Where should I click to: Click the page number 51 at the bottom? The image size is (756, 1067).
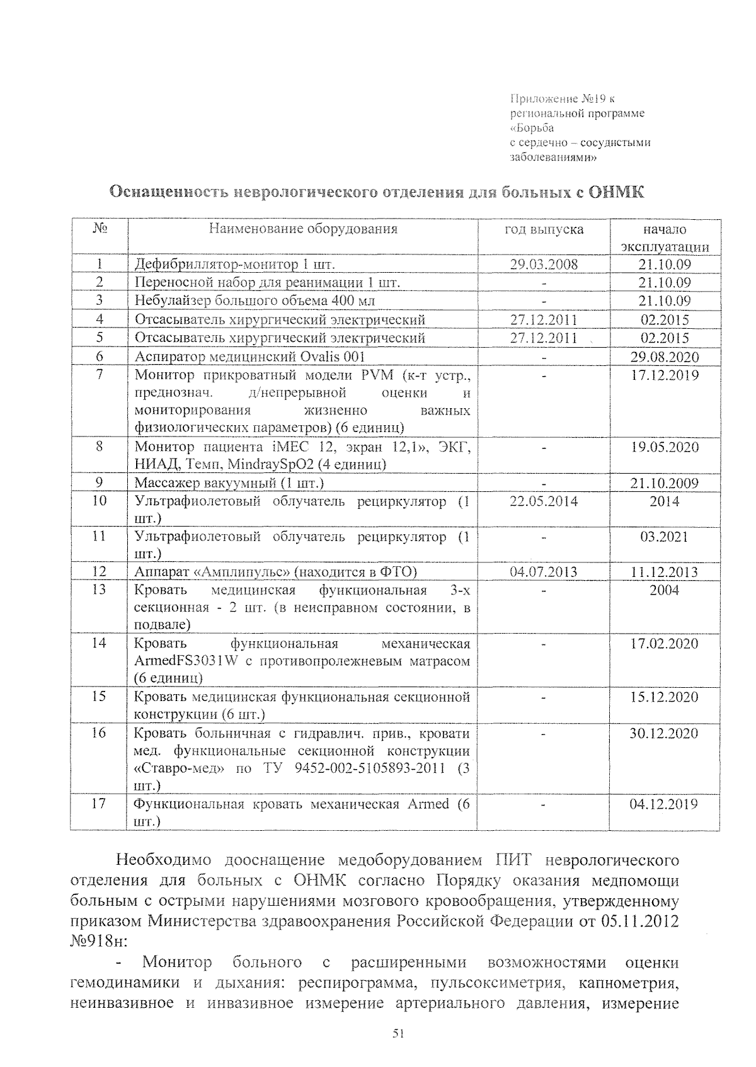[397, 1034]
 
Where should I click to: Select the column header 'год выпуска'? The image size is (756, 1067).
[544, 230]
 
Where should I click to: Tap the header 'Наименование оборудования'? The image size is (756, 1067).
[303, 229]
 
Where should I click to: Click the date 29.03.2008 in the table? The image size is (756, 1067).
[544, 265]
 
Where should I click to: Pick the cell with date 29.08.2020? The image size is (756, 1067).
[665, 358]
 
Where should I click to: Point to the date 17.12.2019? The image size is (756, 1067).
[665, 375]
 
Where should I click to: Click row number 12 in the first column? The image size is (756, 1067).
[99, 572]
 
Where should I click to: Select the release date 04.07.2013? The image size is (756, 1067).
[544, 572]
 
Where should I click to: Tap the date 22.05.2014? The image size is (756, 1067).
[544, 501]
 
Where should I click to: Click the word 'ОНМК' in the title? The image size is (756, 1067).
[616, 192]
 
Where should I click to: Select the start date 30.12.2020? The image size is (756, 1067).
[665, 733]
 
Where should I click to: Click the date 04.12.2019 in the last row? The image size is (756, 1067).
[665, 804]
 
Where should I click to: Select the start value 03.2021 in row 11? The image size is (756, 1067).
[665, 537]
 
